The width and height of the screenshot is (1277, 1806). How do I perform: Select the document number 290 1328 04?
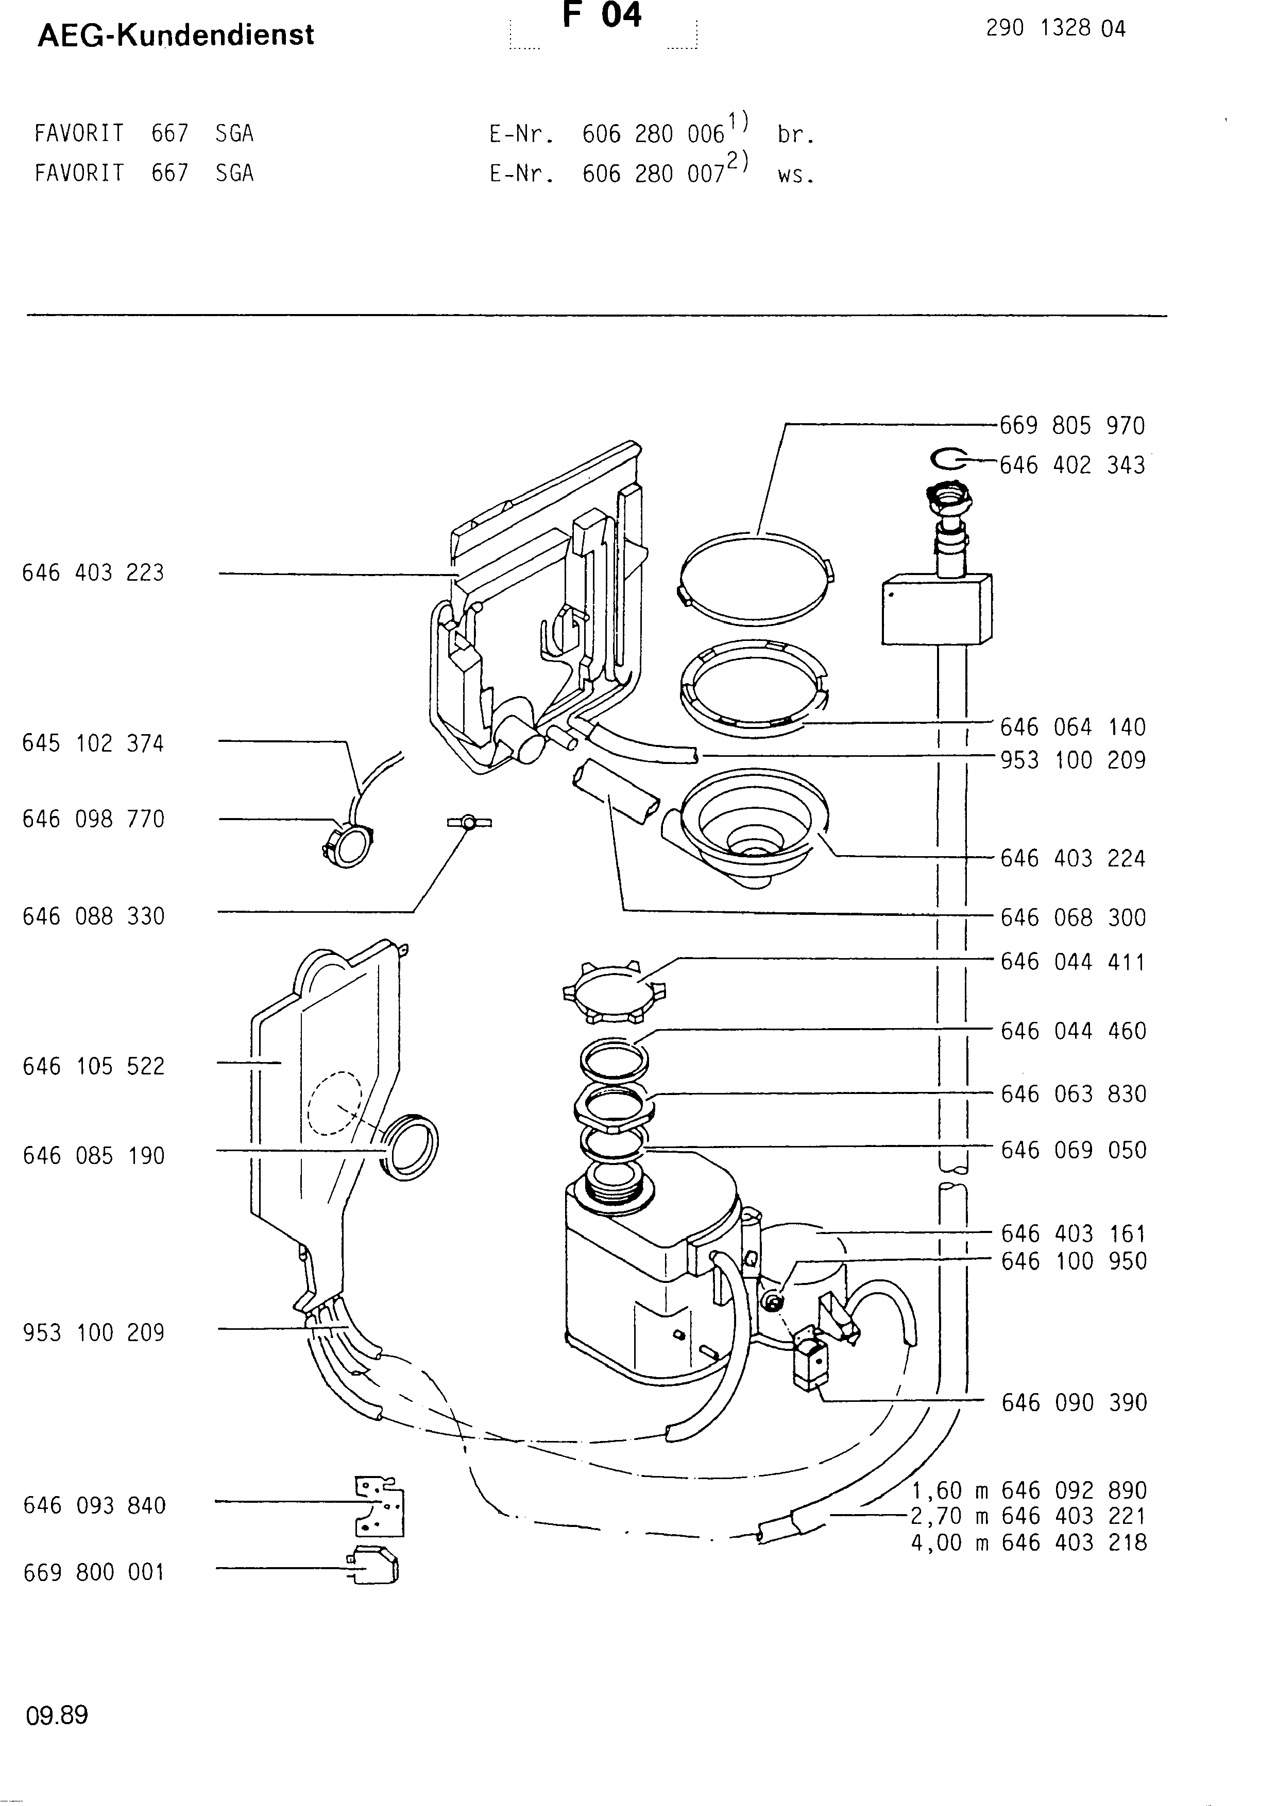[1055, 29]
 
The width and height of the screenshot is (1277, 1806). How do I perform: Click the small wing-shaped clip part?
[469, 822]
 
